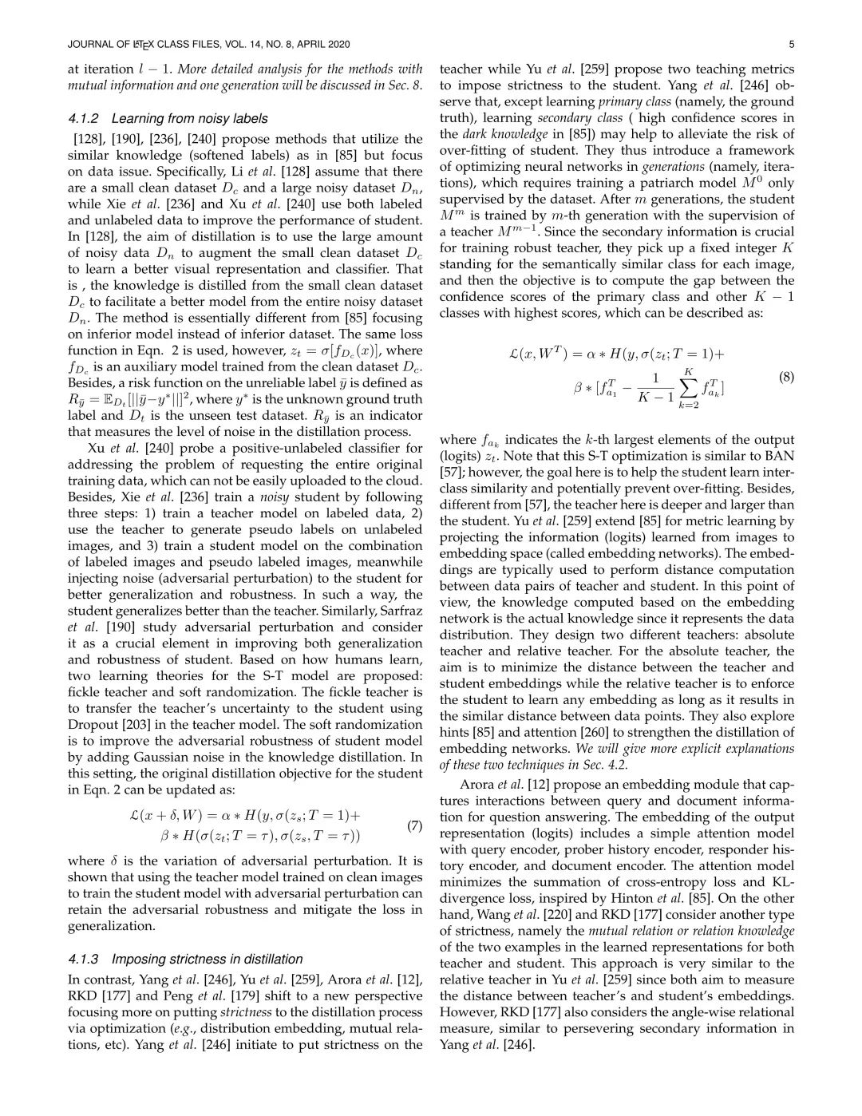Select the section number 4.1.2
pyautogui.click(x=85, y=118)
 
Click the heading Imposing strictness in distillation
pyautogui.click(x=208, y=959)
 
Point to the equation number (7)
pyautogui.click(x=414, y=826)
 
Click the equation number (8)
pyautogui.click(x=786, y=377)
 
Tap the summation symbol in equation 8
pyautogui.click(x=685, y=387)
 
